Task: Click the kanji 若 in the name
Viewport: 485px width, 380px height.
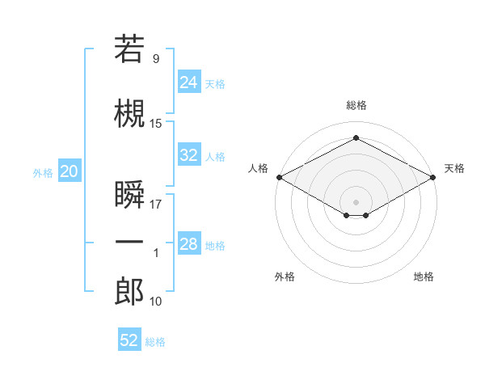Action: [129, 49]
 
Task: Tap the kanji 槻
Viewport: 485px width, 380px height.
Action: [129, 113]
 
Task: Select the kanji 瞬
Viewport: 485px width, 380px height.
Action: [129, 194]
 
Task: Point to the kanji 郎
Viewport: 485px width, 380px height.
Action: [129, 291]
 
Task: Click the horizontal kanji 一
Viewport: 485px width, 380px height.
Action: [129, 242]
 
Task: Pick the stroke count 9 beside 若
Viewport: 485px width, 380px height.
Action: [156, 58]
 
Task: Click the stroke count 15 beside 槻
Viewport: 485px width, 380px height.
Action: [155, 124]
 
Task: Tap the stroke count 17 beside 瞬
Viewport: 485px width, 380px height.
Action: [155, 205]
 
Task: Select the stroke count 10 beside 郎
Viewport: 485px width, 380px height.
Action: [155, 301]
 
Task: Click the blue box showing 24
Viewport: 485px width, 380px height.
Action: [189, 82]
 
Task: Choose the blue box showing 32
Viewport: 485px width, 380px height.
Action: [189, 154]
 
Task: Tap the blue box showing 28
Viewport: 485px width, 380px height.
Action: [189, 243]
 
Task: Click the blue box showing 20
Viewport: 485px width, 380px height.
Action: [70, 171]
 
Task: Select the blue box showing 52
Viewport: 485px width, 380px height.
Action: [129, 339]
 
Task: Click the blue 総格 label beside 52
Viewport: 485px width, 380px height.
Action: [155, 342]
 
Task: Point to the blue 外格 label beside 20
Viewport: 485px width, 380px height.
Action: [43, 173]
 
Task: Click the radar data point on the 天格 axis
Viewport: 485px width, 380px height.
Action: [433, 177]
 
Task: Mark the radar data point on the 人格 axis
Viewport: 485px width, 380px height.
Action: [280, 177]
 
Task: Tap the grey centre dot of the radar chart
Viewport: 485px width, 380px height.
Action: [356, 202]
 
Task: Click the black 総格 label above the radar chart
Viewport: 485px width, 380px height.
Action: [356, 105]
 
